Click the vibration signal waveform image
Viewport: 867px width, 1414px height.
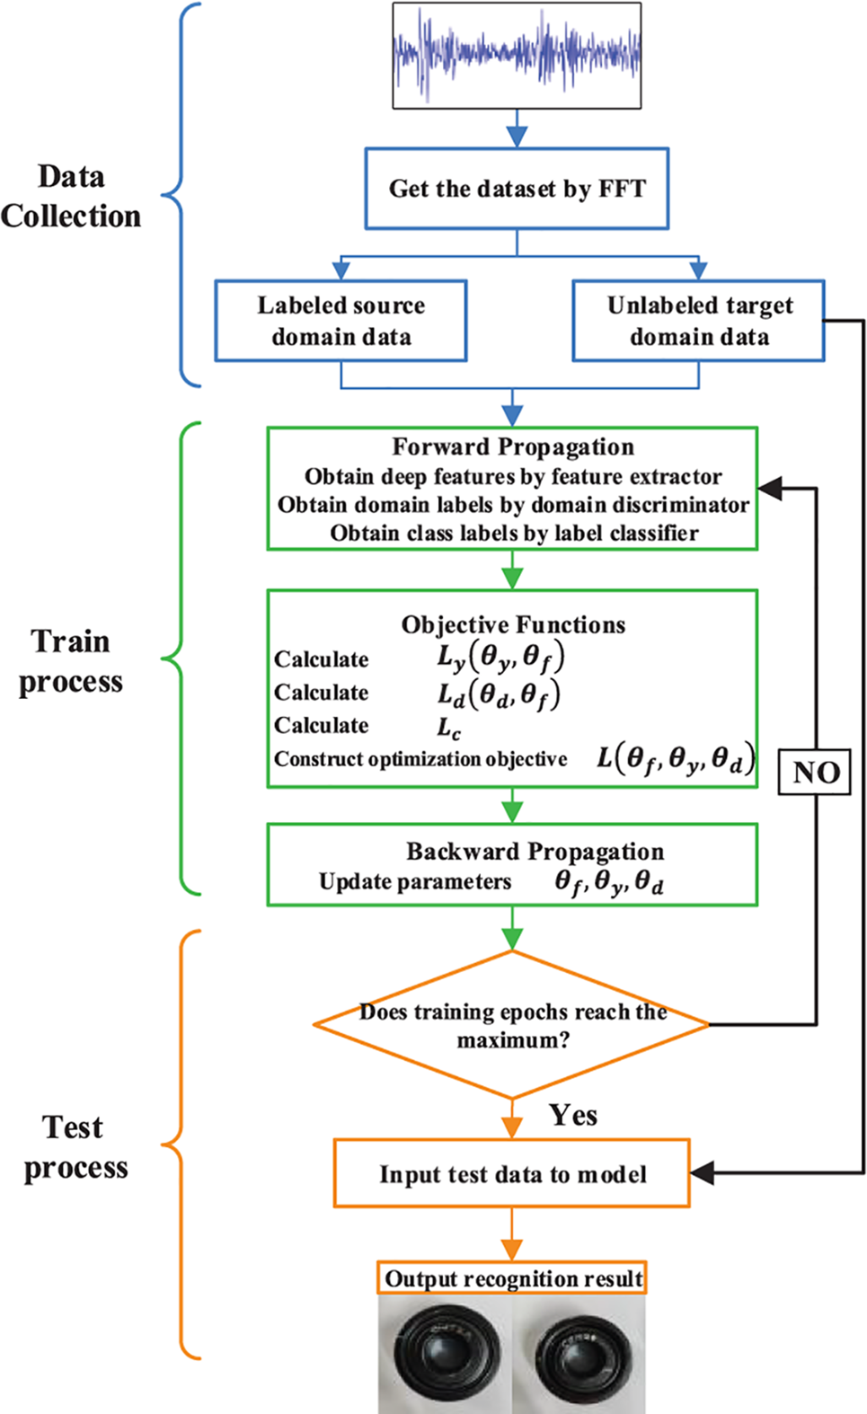517,55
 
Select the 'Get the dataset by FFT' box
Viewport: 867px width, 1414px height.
517,189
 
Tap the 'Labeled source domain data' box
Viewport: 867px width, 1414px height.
341,321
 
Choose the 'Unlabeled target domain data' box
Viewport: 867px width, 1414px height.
698,321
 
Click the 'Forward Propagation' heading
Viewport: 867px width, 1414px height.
513,446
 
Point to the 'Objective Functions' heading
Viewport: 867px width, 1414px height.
513,624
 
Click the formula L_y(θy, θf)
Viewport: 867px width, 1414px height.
500,658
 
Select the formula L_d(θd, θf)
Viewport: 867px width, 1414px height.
499,694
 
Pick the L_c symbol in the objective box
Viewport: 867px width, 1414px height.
449,727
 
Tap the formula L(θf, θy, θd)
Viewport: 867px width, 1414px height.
676,759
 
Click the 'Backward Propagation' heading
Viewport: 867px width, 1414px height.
535,851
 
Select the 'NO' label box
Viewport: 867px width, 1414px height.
816,772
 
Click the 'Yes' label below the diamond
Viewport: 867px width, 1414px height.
573,1115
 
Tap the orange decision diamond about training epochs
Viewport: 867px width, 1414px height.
512,1025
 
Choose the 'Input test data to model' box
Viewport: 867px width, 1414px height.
512,1174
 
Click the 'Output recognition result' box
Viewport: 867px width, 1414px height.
512,1278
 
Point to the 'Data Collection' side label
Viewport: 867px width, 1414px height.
71,196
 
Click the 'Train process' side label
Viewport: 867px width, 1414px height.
71,661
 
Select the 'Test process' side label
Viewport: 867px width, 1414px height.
75,1147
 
